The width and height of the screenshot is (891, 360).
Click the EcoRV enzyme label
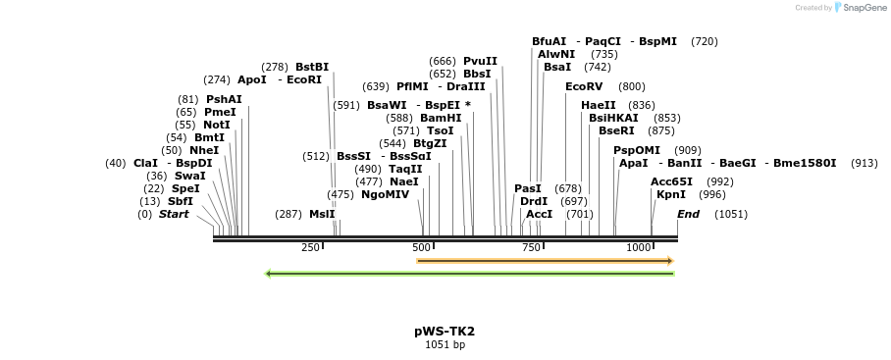(584, 86)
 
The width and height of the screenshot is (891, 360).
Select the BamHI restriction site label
(441, 118)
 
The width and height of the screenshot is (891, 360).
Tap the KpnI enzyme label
(671, 194)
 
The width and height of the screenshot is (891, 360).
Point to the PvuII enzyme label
(480, 61)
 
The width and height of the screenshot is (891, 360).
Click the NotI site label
(216, 125)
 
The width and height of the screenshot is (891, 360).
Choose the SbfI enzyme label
(181, 201)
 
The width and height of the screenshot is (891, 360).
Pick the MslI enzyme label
(322, 214)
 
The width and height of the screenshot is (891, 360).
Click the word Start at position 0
(174, 214)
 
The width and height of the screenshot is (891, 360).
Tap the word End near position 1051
(688, 214)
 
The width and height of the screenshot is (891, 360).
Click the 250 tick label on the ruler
(310, 247)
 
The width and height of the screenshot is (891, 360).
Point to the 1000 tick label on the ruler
(639, 247)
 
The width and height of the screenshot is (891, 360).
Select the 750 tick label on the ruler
(531, 247)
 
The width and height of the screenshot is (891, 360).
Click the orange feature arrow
(545, 261)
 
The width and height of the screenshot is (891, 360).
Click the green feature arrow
(469, 274)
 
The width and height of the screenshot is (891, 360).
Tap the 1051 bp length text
(445, 345)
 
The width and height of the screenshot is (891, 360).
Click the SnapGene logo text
(863, 8)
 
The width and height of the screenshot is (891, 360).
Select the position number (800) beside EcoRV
(632, 86)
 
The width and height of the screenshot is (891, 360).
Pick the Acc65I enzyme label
(671, 181)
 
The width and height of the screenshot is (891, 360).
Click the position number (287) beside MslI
(288, 214)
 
